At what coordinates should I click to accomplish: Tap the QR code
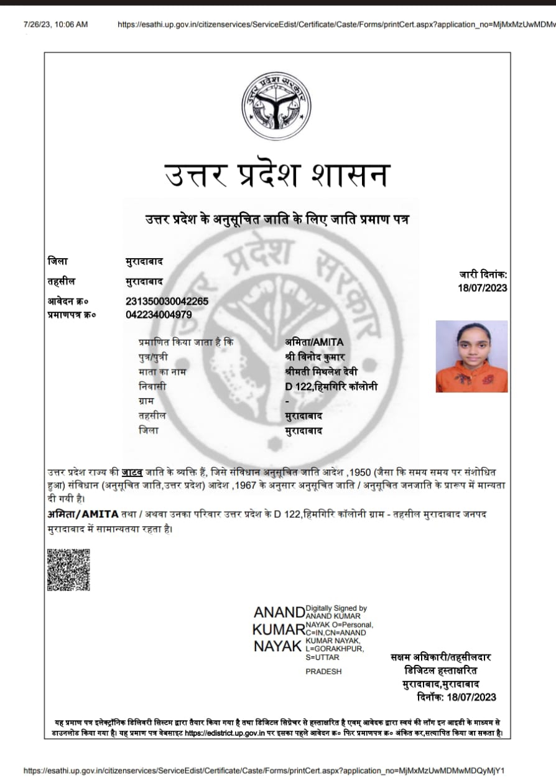pyautogui.click(x=68, y=569)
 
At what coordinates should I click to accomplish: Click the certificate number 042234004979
pyautogui.click(x=159, y=314)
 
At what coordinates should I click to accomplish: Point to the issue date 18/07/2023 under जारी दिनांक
pyautogui.click(x=482, y=287)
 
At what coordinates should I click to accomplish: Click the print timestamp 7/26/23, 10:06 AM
pyautogui.click(x=56, y=24)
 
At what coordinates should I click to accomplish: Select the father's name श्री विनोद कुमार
pyautogui.click(x=315, y=357)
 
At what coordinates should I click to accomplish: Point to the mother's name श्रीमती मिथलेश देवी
pyautogui.click(x=321, y=372)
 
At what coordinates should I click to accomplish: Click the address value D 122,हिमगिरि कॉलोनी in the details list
pyautogui.click(x=331, y=387)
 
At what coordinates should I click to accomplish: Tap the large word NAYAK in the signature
pyautogui.click(x=277, y=646)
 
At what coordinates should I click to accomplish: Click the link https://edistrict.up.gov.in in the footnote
pyautogui.click(x=226, y=733)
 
